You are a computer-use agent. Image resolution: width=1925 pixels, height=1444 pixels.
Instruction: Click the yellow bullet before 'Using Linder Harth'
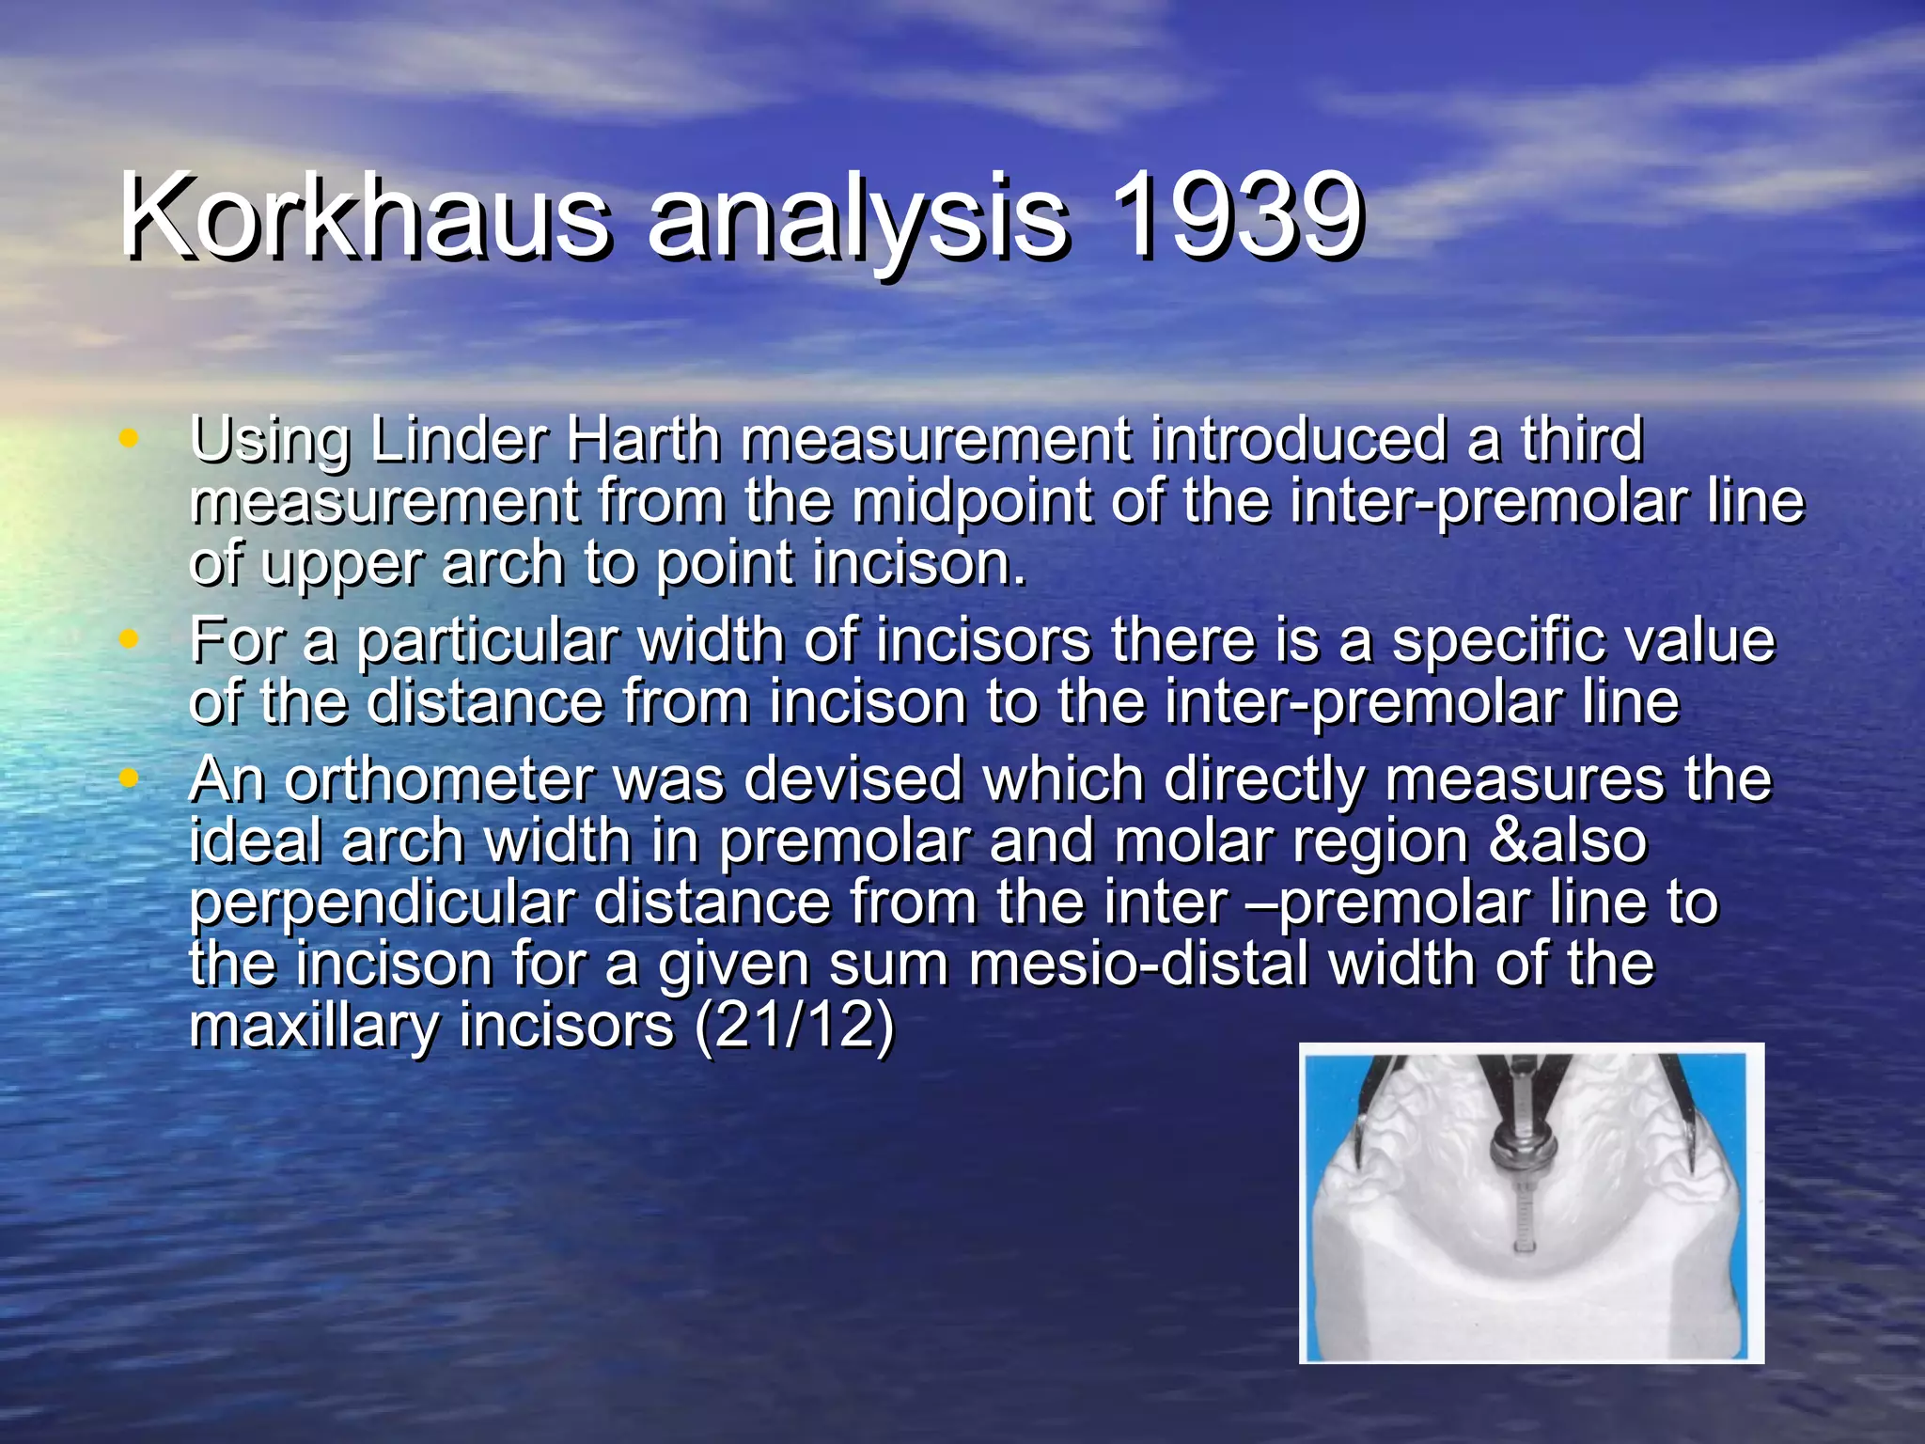tap(130, 438)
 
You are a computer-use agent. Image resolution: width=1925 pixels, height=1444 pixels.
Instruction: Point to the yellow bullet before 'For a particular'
tap(130, 639)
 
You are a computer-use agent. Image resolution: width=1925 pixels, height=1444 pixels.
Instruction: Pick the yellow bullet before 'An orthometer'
tap(130, 778)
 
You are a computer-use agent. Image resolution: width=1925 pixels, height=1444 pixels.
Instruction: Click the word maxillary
tap(314, 1027)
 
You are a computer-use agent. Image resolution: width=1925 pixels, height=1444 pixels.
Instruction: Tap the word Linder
tap(459, 439)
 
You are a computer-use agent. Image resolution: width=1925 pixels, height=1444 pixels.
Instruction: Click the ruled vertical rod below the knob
tap(1524, 1213)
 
